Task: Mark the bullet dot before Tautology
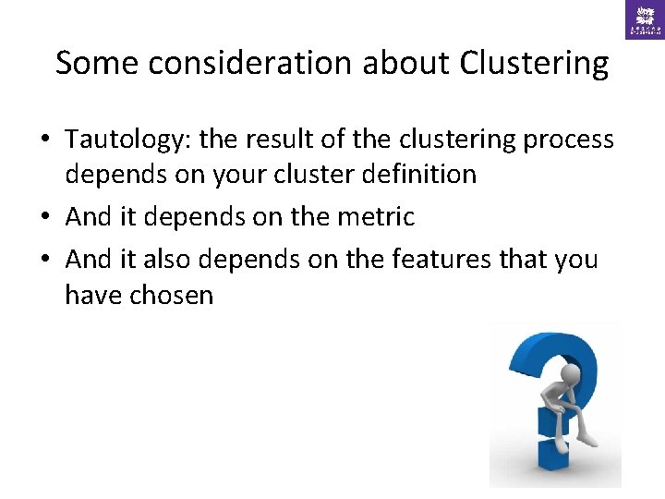click(44, 140)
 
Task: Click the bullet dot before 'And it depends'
click(44, 217)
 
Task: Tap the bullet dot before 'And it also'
click(44, 260)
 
